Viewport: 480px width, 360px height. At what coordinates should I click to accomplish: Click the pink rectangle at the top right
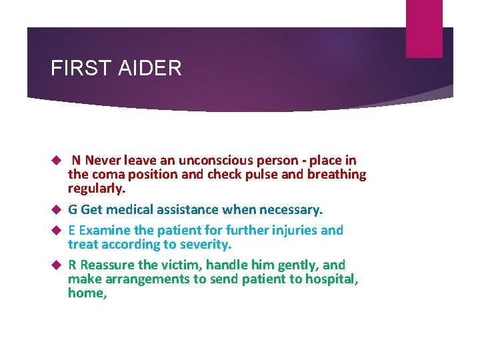424,29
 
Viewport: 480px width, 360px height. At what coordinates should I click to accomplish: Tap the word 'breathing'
336,175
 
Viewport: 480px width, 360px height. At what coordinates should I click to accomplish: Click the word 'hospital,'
332,279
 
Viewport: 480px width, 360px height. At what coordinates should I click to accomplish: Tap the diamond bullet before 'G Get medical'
57,210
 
